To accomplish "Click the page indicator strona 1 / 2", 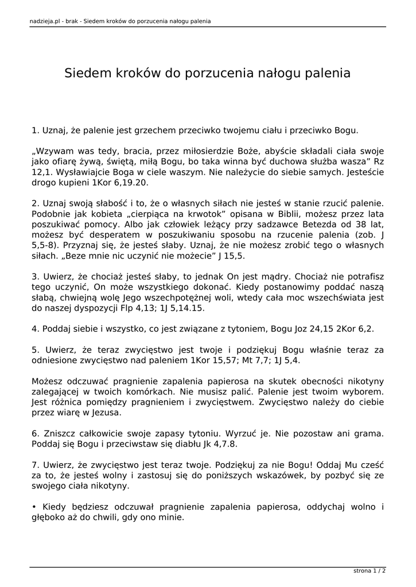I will tap(369, 571).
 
